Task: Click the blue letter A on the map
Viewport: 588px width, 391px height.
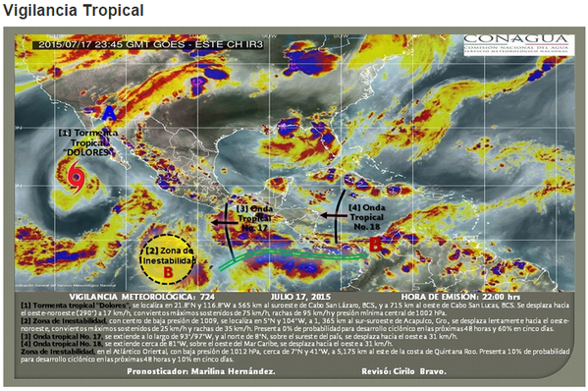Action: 109,115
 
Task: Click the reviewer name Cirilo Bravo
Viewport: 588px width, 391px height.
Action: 418,371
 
